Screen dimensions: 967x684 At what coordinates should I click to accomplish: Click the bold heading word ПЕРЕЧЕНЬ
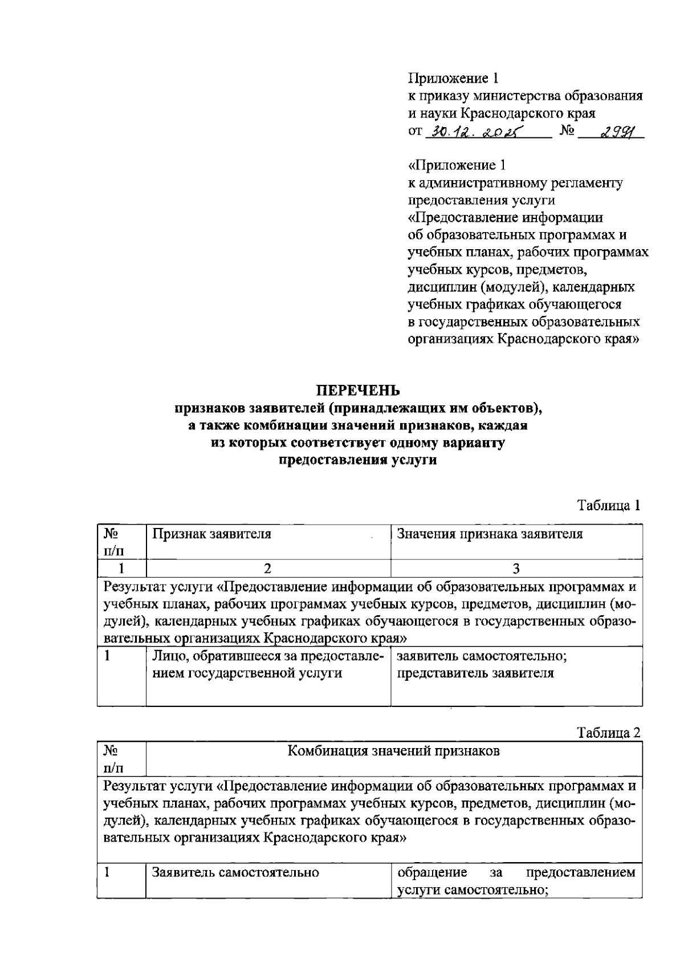(358, 390)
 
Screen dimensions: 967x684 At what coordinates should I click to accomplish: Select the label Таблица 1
(609, 505)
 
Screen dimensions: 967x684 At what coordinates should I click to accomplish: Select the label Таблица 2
(609, 732)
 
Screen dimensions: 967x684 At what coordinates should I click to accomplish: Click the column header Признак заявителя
(211, 534)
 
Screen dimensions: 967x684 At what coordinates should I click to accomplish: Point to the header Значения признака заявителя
(490, 534)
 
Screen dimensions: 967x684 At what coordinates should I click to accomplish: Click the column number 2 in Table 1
(268, 568)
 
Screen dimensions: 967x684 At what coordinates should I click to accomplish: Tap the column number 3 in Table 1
(516, 568)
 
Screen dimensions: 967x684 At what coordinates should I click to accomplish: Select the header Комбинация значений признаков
(393, 751)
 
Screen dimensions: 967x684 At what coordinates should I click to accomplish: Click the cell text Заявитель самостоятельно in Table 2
(235, 872)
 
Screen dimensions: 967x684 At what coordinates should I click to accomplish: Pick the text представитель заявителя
(475, 673)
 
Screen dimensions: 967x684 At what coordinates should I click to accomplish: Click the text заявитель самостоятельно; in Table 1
(482, 656)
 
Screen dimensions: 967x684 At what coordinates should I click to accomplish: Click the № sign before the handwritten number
(567, 131)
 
